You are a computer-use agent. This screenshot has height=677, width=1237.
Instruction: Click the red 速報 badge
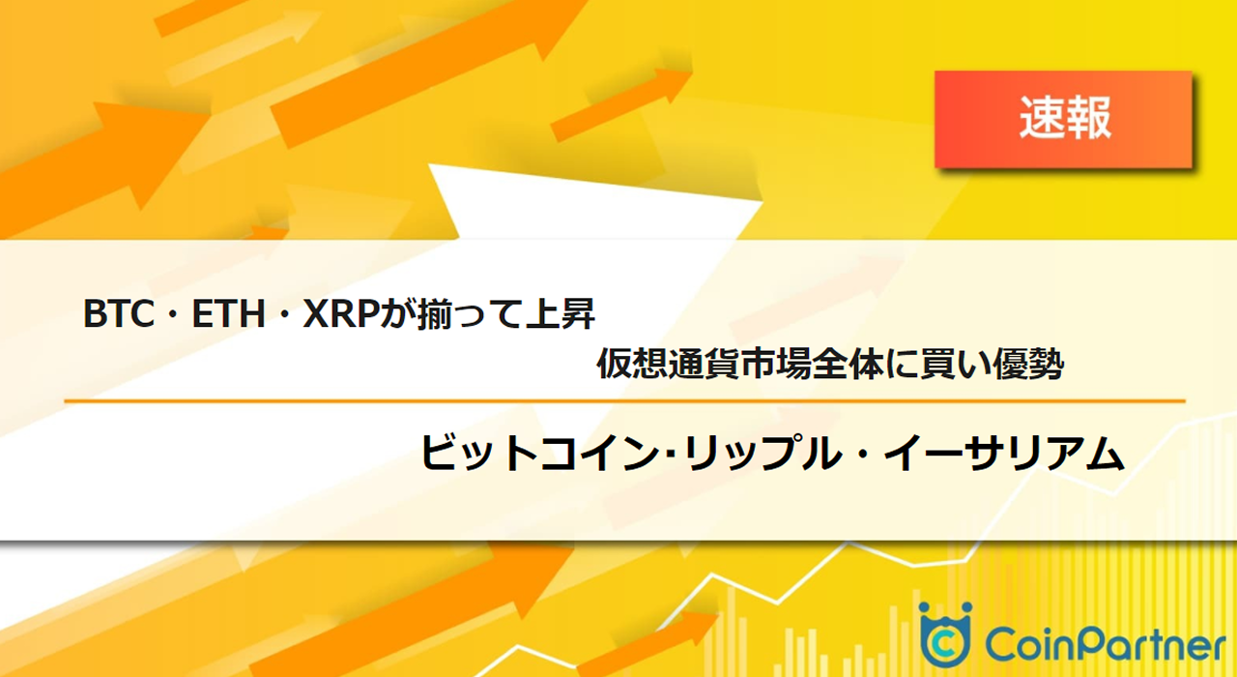pyautogui.click(x=1063, y=119)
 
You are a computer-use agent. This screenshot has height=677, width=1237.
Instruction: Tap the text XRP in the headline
pyautogui.click(x=338, y=314)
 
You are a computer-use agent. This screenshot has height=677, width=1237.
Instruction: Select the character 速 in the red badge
pyautogui.click(x=1041, y=119)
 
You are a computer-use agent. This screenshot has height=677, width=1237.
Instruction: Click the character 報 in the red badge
pyautogui.click(x=1088, y=119)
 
